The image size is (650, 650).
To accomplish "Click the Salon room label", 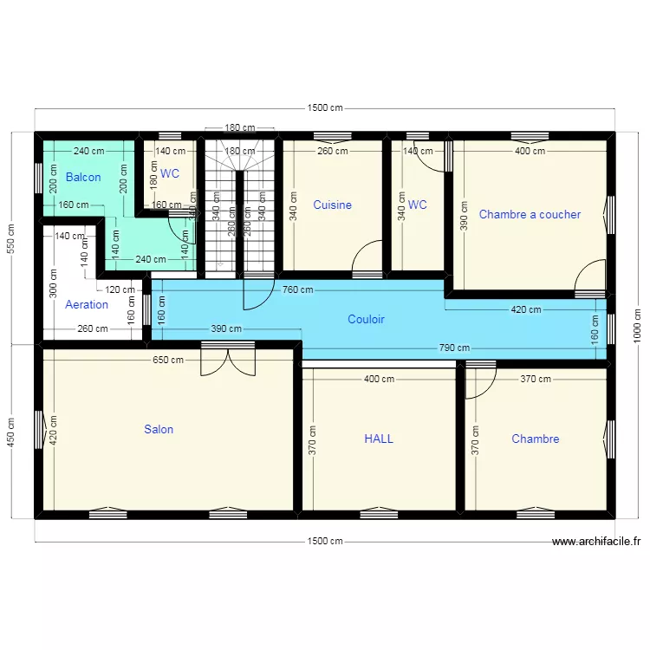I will tap(159, 429).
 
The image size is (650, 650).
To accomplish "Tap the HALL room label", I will tap(379, 439).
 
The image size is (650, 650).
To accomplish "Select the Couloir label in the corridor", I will tap(366, 319).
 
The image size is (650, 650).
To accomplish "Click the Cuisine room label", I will tap(332, 205).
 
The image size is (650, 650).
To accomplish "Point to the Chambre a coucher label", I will tap(530, 214).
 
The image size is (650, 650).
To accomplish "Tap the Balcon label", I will tap(83, 177).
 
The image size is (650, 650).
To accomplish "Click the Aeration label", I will tap(87, 304).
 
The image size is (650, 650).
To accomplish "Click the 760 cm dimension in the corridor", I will tap(298, 289).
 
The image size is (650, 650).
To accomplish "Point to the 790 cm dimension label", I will tap(454, 348).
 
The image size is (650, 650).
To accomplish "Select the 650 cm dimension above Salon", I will tap(168, 360).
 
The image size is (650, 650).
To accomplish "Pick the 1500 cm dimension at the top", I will tap(325, 108).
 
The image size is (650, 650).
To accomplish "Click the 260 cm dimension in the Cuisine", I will tap(332, 151).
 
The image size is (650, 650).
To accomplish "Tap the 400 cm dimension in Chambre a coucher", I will tap(530, 151).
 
